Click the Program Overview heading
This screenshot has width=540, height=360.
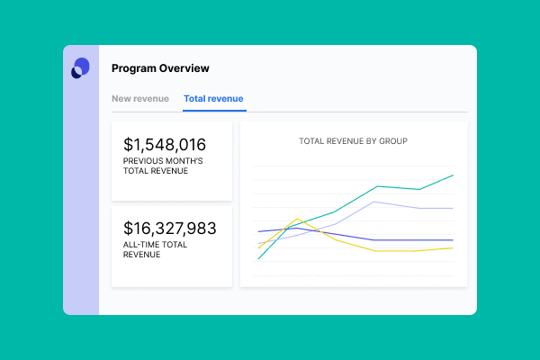[x=160, y=67]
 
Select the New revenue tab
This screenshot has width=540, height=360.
[x=139, y=98]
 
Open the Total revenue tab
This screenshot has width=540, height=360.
[x=213, y=98]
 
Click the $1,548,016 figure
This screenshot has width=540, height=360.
[x=165, y=144]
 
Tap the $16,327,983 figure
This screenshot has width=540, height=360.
[x=170, y=229]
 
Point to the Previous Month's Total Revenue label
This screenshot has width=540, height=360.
[x=163, y=166]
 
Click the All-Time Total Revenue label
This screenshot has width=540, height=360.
[x=155, y=249]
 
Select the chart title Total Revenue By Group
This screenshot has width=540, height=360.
[x=354, y=141]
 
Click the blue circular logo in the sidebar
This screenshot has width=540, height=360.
[x=81, y=68]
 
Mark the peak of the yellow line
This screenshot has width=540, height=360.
[x=297, y=218]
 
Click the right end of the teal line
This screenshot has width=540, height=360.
[x=453, y=175]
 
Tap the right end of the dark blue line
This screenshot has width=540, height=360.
[x=453, y=240]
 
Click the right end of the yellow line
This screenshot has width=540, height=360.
[x=453, y=248]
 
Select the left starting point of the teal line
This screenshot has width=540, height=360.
[x=258, y=259]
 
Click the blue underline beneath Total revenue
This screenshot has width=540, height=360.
[x=213, y=111]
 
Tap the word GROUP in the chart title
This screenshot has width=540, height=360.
[x=394, y=141]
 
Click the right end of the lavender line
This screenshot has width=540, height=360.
[x=453, y=208]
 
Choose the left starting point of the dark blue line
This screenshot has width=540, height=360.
[x=258, y=232]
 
